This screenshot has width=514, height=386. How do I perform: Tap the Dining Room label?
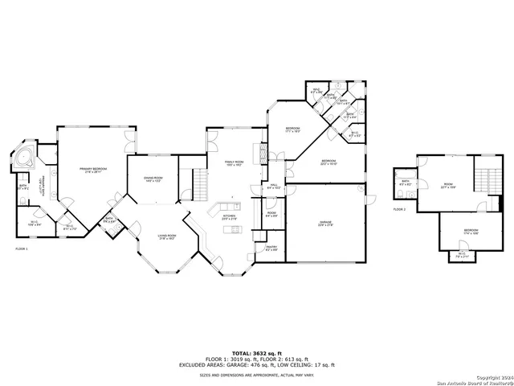153,179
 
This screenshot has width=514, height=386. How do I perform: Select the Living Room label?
167,236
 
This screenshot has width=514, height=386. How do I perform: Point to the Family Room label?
235,163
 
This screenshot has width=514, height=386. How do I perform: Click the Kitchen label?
229,217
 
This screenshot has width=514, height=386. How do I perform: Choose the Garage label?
324,224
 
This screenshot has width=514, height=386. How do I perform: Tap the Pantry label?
271,249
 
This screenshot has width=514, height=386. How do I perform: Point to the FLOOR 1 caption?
22,249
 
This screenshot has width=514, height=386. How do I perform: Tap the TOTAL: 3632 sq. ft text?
257,353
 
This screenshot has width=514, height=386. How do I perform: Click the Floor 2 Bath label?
406,183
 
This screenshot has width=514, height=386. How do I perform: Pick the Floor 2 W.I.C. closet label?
462,256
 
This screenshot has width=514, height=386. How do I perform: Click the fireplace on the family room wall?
258,152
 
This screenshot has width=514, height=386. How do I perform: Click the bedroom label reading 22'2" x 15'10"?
328,162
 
